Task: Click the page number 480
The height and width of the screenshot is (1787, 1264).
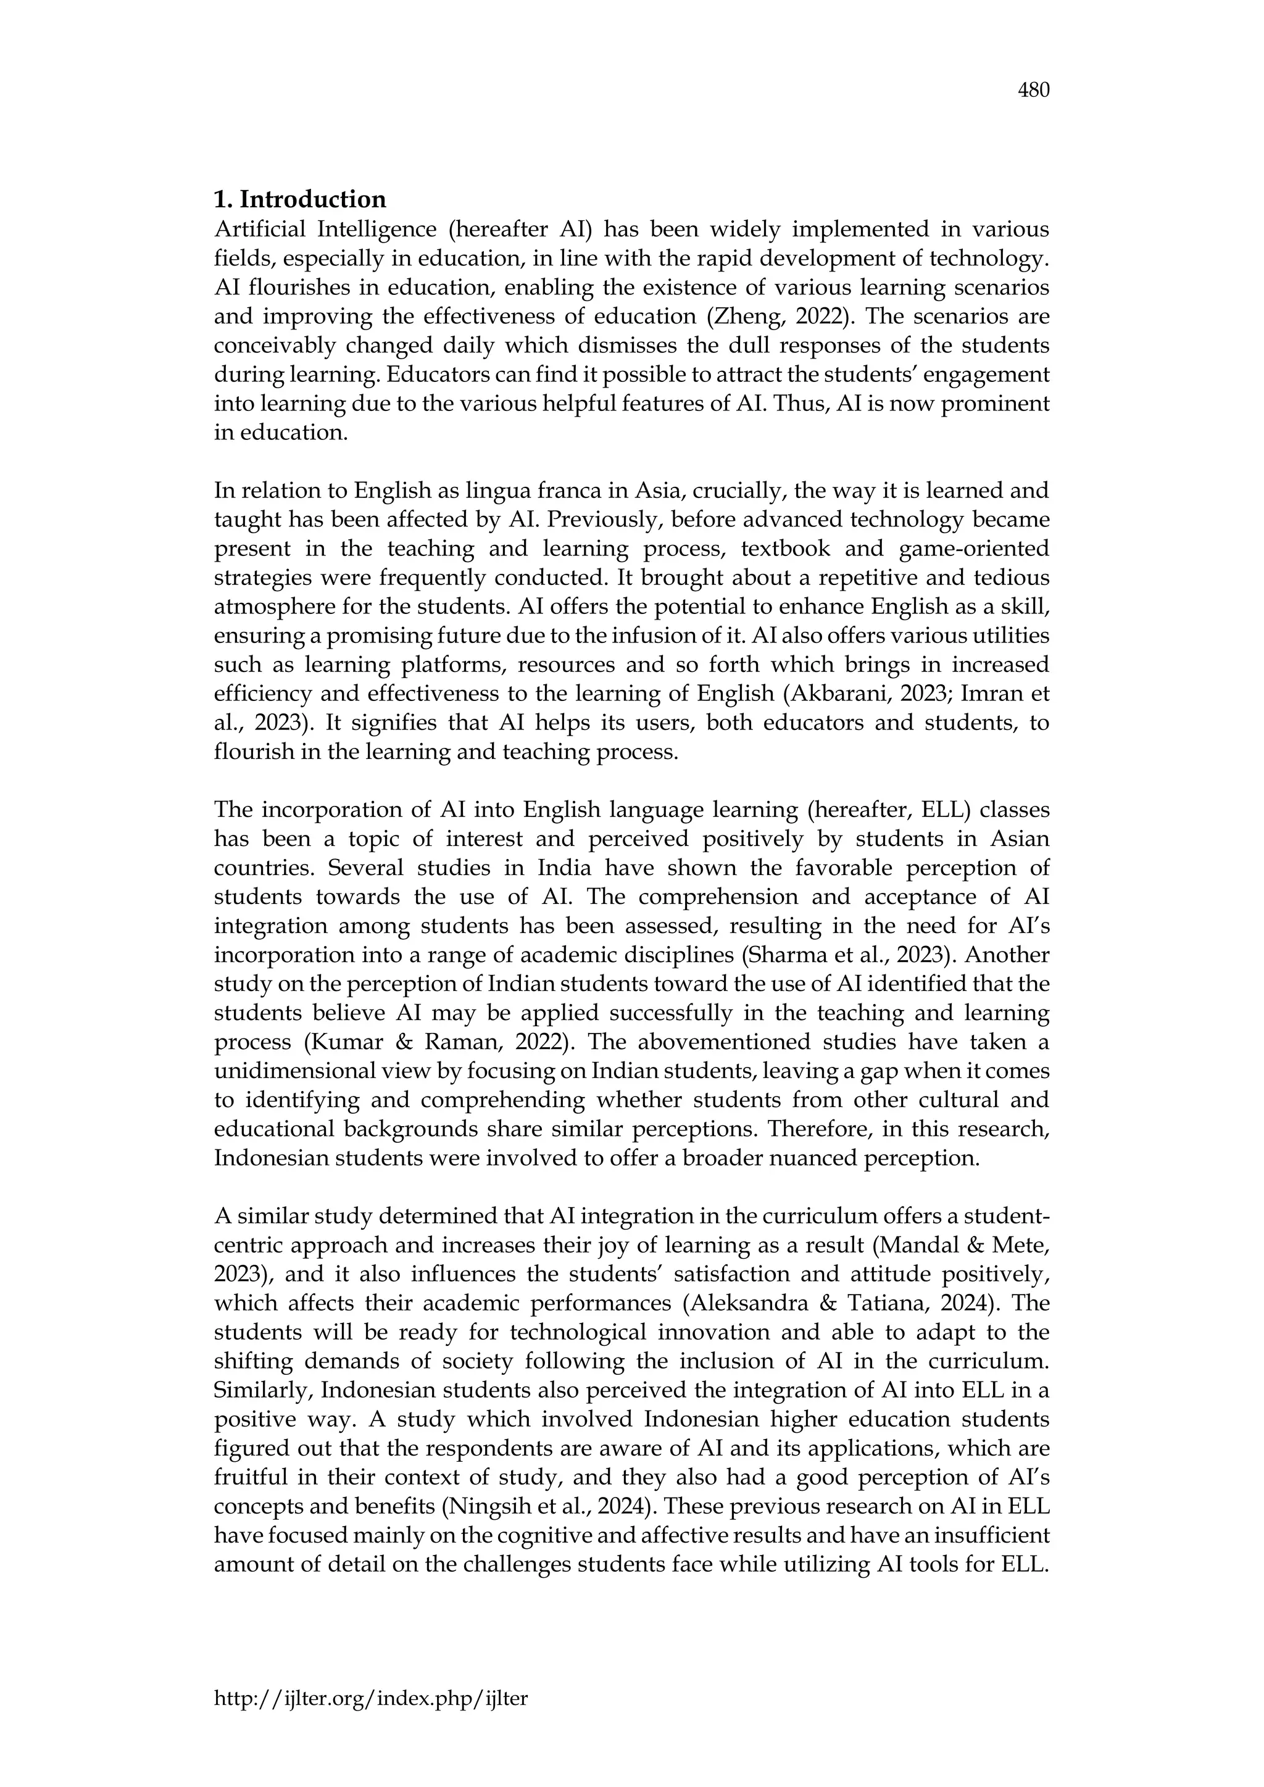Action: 1034,91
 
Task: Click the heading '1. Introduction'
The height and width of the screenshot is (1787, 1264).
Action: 300,200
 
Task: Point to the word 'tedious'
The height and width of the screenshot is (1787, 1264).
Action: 1010,578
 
